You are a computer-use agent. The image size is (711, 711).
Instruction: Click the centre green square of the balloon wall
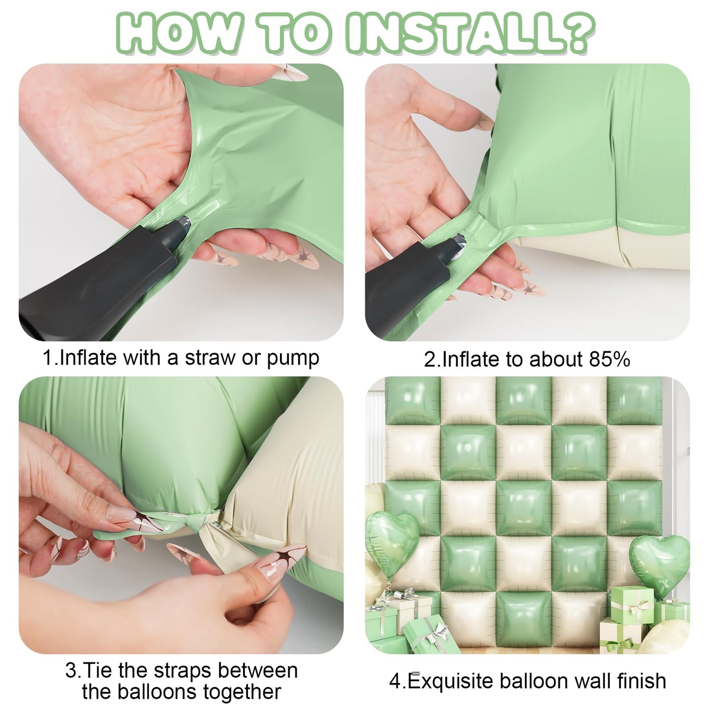(524, 508)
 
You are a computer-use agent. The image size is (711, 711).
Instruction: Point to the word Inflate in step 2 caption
(471, 359)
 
